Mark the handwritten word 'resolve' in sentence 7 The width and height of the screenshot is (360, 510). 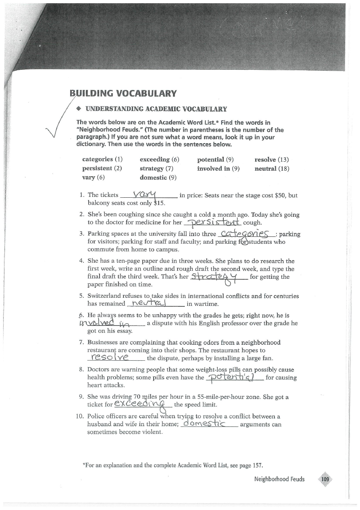point(110,357)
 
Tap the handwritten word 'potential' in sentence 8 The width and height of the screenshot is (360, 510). point(235,376)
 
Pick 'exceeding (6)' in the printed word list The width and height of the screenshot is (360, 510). point(159,160)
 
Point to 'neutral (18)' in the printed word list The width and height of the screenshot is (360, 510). point(272,169)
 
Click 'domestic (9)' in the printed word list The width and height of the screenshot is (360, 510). point(158,178)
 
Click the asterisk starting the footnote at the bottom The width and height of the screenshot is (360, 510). point(83,464)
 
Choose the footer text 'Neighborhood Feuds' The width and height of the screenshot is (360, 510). point(279,479)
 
